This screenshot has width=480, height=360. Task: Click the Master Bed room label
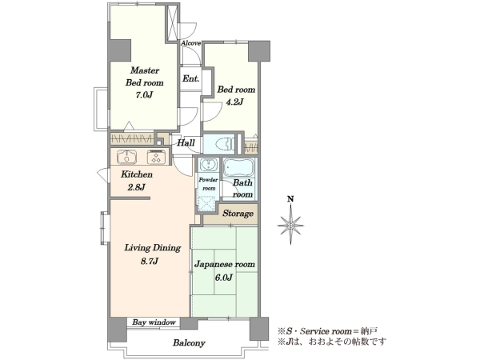pos(145,77)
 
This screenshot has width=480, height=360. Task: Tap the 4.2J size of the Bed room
pos(234,102)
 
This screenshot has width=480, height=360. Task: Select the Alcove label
pos(190,43)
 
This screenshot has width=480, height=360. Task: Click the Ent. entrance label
pos(190,78)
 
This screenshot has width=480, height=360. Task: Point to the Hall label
pos(186,142)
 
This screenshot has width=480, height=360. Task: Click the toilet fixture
pos(225,143)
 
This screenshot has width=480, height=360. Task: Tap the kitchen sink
pos(126,157)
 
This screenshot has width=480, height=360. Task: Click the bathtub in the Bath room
pos(238,168)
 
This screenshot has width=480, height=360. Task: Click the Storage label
pos(238,213)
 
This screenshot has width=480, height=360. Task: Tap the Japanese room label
pos(225,264)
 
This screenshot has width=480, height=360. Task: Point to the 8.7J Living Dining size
pos(150,261)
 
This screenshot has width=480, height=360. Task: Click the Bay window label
pos(154,322)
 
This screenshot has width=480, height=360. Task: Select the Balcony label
pos(189,343)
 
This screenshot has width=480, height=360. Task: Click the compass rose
pos(290,226)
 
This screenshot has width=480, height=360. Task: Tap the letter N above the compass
pos(290,199)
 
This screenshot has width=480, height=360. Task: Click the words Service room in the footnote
pos(326,331)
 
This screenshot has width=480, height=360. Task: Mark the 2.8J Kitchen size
pos(136,187)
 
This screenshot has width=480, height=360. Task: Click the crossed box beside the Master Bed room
pos(172,22)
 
